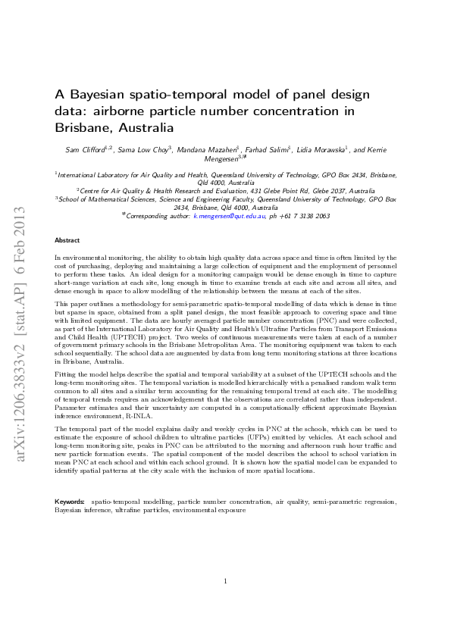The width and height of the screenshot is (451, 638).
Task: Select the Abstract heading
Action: [x=67, y=240]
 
